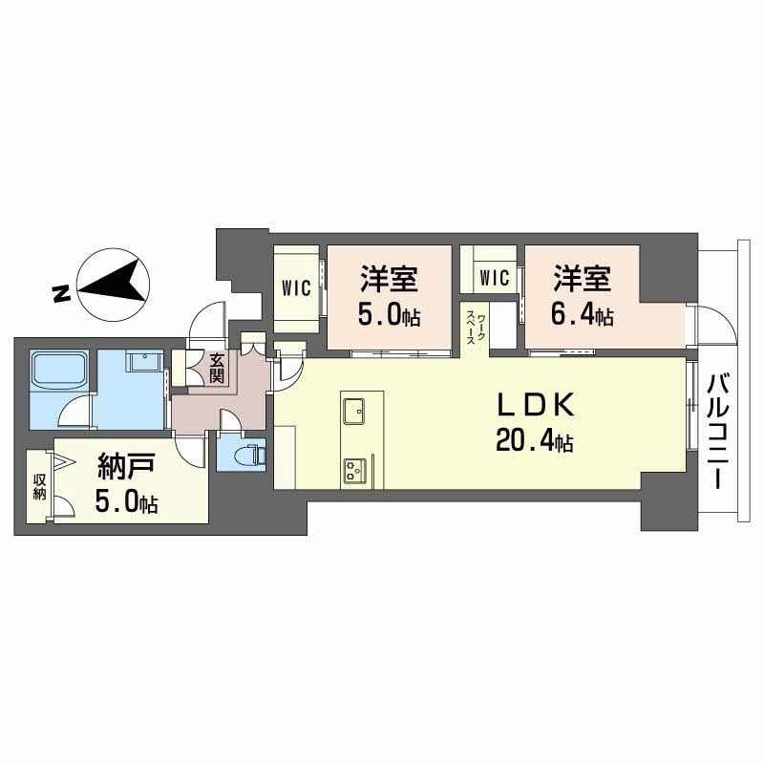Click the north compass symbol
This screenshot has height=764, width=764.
[x=114, y=285]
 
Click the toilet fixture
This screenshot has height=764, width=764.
[x=250, y=452]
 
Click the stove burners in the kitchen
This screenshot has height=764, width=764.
[x=355, y=469]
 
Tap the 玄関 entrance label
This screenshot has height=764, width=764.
[x=217, y=367]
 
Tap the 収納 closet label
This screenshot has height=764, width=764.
[x=39, y=486]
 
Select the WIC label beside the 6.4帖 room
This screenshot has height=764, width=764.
[x=494, y=278]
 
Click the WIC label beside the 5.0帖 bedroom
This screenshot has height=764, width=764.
[x=296, y=289]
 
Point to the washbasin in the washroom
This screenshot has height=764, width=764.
[x=144, y=363]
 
